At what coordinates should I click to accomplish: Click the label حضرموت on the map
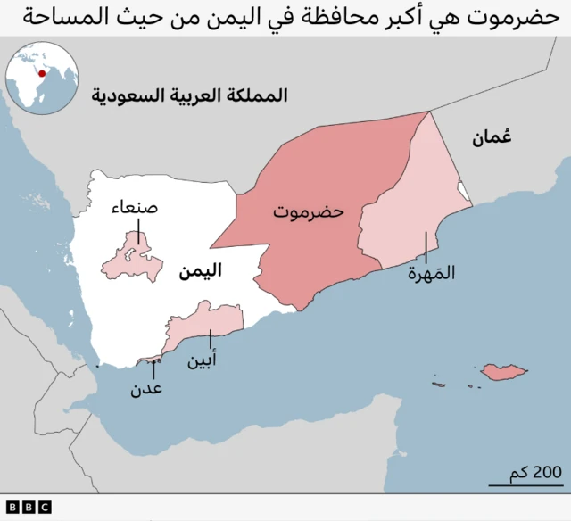(309, 213)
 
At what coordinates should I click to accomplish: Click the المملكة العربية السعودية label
(189, 95)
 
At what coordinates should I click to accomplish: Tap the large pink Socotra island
(503, 371)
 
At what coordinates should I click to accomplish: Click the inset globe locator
(39, 79)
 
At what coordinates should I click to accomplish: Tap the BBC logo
(30, 507)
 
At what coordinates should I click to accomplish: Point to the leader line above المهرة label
(426, 246)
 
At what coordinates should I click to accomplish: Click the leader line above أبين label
(211, 339)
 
